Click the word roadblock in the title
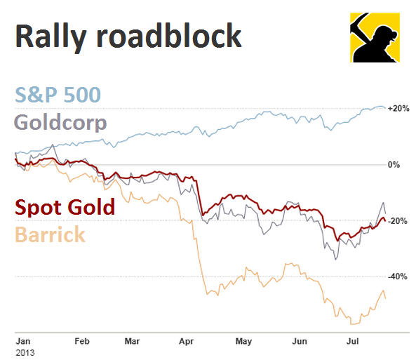[175, 36]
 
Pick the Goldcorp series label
[61, 124]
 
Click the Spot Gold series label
[65, 208]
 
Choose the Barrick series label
[51, 234]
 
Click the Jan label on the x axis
[22, 340]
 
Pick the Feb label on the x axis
[81, 340]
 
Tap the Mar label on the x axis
[131, 340]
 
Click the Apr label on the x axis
[187, 340]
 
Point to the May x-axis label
[243, 340]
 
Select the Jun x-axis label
[299, 340]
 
